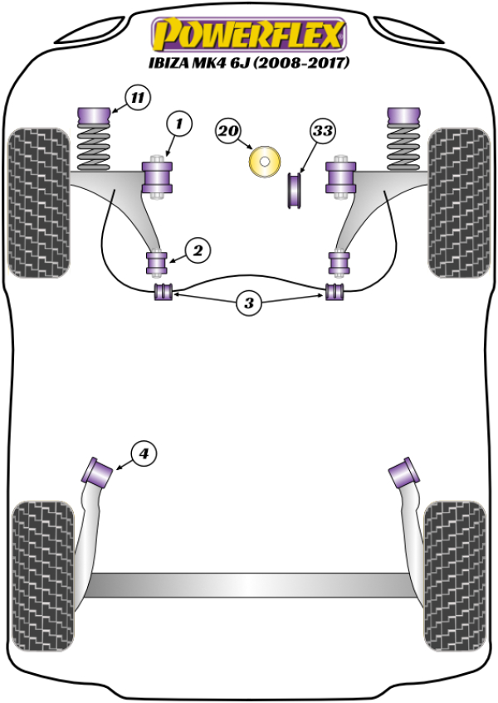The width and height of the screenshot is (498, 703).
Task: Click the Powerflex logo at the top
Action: click(x=247, y=35)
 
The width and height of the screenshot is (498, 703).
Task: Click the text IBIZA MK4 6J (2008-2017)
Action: click(x=248, y=62)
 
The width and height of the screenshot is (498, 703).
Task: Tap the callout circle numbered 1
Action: click(x=178, y=125)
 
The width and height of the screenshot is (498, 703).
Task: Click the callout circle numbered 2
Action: click(x=198, y=249)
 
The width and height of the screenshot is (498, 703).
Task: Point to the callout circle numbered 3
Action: click(x=248, y=303)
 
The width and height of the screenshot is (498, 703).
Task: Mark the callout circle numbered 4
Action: click(x=144, y=453)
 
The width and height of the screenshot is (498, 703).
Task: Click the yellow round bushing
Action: click(x=265, y=161)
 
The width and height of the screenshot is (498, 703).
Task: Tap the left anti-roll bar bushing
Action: click(x=164, y=292)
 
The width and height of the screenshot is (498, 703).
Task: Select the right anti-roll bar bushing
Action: click(x=334, y=292)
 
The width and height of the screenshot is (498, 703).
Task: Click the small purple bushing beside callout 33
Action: click(x=295, y=190)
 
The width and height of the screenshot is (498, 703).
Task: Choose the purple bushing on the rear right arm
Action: click(x=405, y=471)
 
